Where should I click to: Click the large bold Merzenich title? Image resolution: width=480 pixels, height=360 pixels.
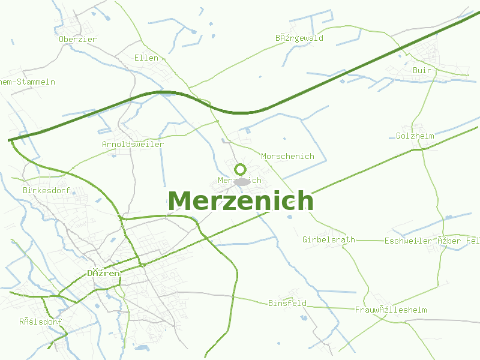241,201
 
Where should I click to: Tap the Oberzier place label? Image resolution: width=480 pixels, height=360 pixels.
78,40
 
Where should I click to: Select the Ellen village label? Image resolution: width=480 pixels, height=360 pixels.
146,58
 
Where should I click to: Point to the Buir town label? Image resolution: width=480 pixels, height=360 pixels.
422,71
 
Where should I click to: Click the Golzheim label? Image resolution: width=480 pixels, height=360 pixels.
415,136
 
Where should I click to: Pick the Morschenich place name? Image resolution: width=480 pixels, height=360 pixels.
287,157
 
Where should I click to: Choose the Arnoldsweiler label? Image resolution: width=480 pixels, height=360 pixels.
133,145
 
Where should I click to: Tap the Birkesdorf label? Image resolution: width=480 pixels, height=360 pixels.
46,191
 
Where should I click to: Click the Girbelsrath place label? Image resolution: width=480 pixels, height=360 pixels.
328,240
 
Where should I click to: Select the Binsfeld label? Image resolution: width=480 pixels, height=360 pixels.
287,303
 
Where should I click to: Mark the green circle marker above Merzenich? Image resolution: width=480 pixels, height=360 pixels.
241,169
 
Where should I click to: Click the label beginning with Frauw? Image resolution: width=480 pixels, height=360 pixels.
391,310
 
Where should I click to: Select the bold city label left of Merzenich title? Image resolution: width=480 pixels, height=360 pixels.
103,273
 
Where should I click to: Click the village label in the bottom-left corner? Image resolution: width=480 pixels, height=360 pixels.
40,322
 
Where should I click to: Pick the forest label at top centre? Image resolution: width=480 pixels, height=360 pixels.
299,38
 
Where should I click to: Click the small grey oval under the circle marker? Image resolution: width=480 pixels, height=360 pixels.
242,181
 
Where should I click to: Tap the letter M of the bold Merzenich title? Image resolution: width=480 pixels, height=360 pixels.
181,201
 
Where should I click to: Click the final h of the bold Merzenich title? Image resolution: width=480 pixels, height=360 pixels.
305,201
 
